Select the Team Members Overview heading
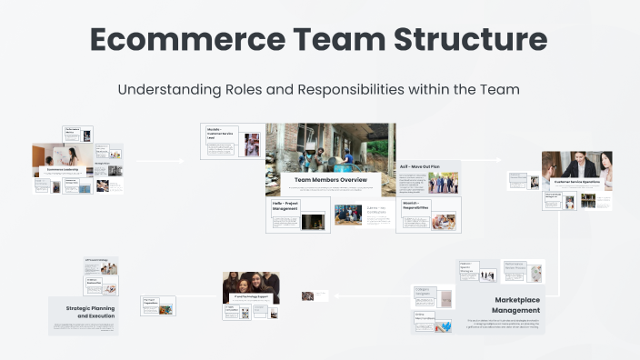(x=330, y=180)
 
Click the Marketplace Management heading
(x=516, y=305)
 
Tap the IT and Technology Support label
(x=250, y=296)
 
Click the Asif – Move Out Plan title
(x=419, y=167)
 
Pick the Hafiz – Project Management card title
(x=285, y=206)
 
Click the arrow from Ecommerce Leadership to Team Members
(x=160, y=161)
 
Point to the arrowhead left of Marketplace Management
(x=336, y=295)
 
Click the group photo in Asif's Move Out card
(x=443, y=183)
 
